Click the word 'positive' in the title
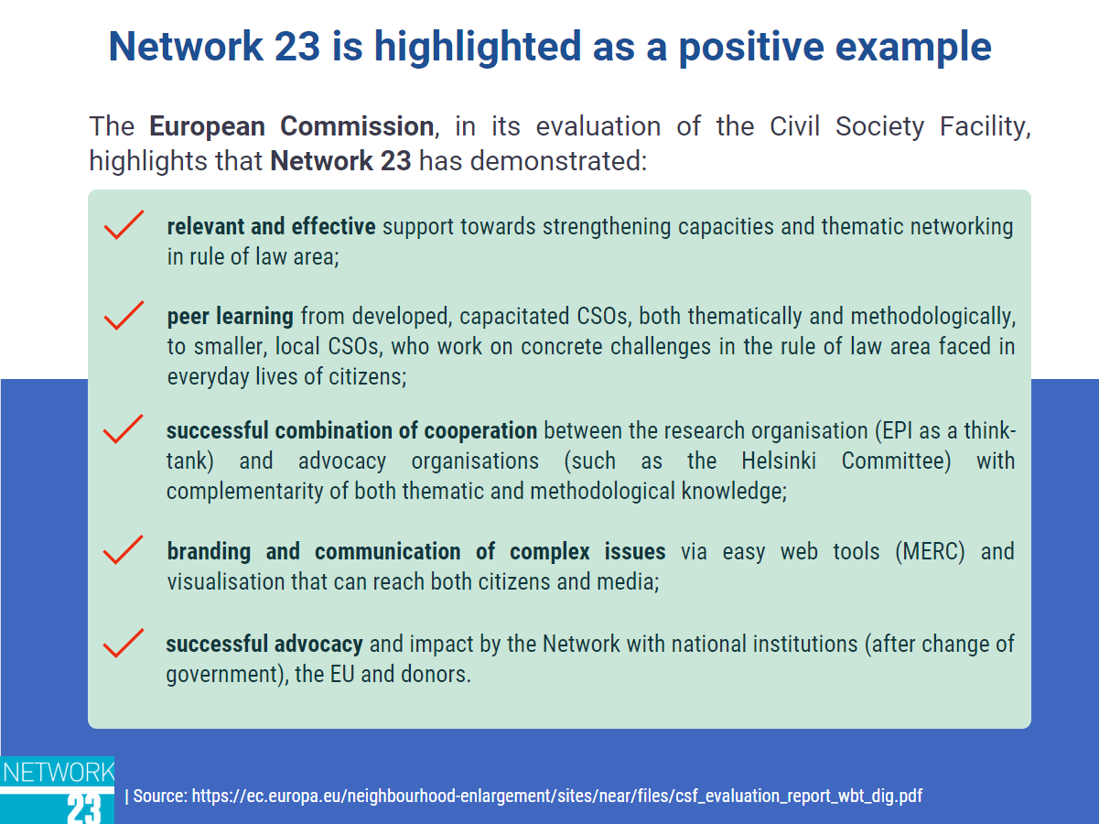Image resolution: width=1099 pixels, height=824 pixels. (x=750, y=47)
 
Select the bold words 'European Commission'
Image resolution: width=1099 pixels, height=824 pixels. (x=291, y=126)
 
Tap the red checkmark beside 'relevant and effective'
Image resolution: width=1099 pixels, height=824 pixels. (x=124, y=225)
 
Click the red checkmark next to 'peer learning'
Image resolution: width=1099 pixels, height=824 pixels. (x=124, y=316)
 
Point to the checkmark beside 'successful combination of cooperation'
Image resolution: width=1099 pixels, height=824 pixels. (x=124, y=428)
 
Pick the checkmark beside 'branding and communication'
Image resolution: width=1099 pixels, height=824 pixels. (x=124, y=549)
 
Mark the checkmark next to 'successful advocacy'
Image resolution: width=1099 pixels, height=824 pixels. (x=124, y=643)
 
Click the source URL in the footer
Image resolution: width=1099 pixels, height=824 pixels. (x=556, y=796)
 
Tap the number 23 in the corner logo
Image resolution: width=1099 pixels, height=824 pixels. (x=84, y=808)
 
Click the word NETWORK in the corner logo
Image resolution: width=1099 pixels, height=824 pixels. (x=58, y=773)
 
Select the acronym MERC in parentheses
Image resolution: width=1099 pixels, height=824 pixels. (x=930, y=551)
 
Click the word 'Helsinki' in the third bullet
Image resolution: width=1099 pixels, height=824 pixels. (x=779, y=461)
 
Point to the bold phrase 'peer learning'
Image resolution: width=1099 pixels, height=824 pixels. (x=231, y=317)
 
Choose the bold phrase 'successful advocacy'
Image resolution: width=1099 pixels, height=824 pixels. (x=264, y=645)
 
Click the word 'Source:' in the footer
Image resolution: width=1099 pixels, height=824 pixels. (x=160, y=796)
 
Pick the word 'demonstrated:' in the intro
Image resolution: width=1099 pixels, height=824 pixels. (x=559, y=161)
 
